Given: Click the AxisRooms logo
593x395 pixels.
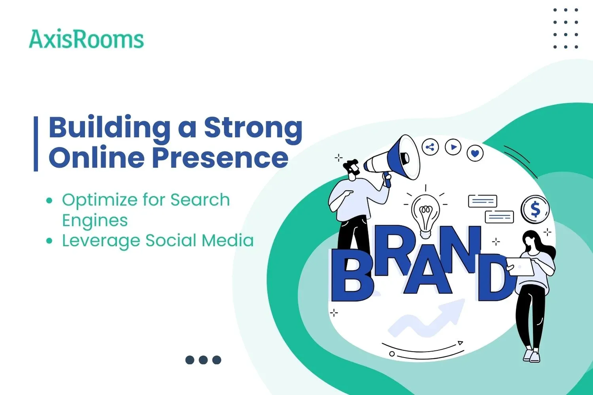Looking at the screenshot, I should click(86, 39).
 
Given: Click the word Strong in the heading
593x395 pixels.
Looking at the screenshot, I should click(253, 128).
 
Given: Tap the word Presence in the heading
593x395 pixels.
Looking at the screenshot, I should click(220, 158).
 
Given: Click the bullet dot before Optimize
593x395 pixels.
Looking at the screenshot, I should click(49, 201).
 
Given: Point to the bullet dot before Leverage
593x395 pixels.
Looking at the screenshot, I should click(49, 241).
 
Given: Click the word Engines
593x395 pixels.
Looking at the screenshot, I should click(95, 220).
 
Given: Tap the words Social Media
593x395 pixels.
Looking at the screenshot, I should click(199, 241).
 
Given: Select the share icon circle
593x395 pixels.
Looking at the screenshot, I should click(430, 148).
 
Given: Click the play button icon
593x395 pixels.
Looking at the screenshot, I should click(453, 147).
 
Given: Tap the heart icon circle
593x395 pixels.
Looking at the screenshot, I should click(475, 153).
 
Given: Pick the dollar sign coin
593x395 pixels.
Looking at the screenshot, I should click(535, 209).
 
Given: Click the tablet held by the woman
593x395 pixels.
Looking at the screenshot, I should click(520, 267).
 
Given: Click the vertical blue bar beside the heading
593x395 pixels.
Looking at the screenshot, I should click(36, 144).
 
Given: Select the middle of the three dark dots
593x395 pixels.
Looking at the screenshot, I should click(203, 360).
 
